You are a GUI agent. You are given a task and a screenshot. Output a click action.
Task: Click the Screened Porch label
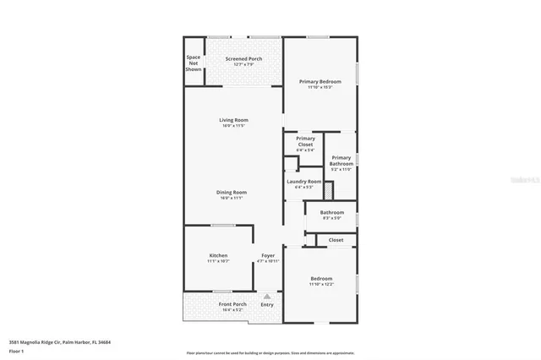243,58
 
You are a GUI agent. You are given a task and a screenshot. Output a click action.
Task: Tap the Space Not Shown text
194,63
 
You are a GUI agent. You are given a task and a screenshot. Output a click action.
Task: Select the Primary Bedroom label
320,81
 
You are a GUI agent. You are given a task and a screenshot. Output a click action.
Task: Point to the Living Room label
233,120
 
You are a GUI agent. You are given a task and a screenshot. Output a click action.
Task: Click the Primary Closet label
305,141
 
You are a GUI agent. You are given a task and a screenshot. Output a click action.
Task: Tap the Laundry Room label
304,181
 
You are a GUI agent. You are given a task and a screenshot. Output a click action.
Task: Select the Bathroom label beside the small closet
331,212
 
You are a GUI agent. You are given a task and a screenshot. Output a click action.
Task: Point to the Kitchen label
218,255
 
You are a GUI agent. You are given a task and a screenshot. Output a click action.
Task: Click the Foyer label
268,255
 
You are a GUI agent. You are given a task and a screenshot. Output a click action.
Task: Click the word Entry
267,304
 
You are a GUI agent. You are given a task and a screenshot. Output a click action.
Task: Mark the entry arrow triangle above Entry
267,296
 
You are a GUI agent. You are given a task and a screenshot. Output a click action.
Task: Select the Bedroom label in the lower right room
321,278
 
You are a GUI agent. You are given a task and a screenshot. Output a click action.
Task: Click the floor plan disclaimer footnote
270,353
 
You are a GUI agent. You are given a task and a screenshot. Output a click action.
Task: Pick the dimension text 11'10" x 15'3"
320,87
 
